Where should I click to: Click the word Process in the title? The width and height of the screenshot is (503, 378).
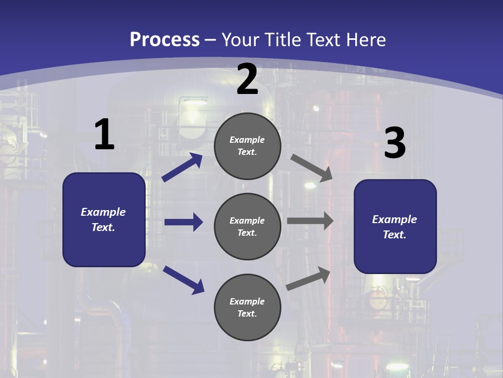[x=165, y=39]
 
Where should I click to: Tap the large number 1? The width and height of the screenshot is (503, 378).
[x=104, y=135]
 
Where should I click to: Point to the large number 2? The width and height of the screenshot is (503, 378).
[x=247, y=80]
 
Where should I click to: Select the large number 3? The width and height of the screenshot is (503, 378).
[x=395, y=143]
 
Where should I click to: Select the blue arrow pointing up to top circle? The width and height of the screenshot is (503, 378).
[x=182, y=167]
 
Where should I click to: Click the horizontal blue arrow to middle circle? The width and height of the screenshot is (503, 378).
[x=183, y=222]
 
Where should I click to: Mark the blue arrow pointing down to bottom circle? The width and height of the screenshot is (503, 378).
[x=183, y=279]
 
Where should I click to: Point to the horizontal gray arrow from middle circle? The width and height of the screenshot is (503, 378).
[x=310, y=221]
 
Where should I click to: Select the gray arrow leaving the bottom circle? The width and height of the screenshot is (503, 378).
[x=308, y=279]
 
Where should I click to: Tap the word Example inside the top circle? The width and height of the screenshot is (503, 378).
[x=247, y=140]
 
